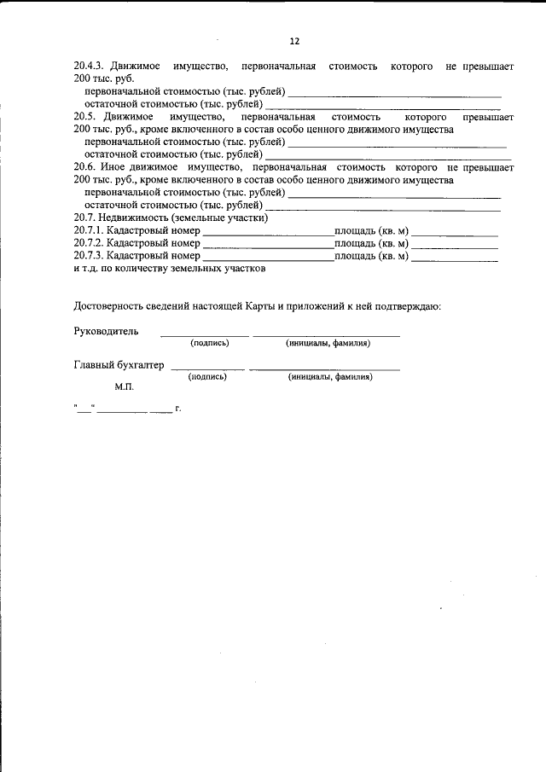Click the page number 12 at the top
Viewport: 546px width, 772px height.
pos(294,40)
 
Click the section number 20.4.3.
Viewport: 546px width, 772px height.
pos(89,67)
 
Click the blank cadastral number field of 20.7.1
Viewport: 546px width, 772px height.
pos(268,231)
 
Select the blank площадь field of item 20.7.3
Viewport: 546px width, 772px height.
pos(455,256)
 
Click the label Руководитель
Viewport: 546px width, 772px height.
pos(105,331)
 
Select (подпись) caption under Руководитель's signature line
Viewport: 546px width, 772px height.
pos(210,343)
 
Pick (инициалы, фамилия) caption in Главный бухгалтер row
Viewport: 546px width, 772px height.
pos(330,376)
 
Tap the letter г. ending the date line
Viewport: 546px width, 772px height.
pos(178,409)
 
